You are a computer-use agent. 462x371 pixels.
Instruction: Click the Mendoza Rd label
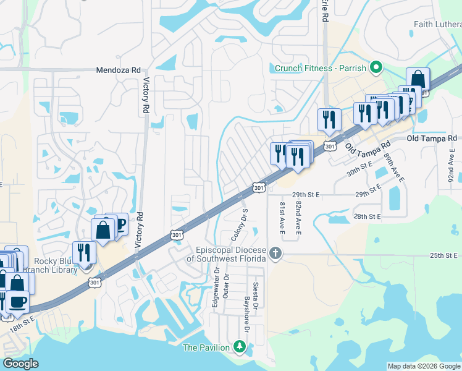[118, 70]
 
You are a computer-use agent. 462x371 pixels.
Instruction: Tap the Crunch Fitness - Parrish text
[320, 68]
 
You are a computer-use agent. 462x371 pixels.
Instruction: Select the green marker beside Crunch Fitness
[375, 67]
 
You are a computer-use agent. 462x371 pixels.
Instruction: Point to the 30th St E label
[359, 166]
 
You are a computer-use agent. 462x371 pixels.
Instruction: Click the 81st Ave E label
[282, 217]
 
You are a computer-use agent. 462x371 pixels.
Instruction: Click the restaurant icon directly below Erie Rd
[329, 119]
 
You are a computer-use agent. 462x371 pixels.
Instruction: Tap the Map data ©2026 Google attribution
[424, 366]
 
